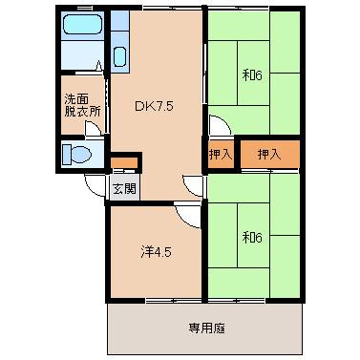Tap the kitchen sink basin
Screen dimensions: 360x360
click(118, 55)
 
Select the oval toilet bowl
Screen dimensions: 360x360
click(80, 155)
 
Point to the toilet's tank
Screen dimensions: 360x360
click(66, 155)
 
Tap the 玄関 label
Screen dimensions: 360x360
click(124, 187)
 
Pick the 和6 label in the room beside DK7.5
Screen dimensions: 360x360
click(251, 75)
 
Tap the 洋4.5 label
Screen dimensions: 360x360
click(156, 252)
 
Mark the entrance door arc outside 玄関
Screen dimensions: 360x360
click(95, 185)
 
